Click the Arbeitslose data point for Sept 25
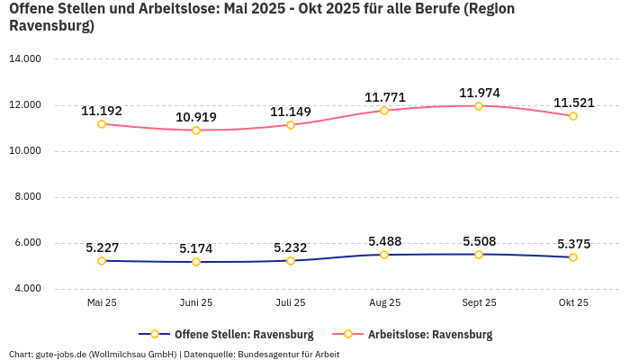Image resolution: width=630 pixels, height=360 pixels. coord(479,106)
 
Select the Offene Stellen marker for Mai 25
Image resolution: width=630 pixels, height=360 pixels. coord(102,261)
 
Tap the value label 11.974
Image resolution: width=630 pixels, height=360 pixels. coord(479,93)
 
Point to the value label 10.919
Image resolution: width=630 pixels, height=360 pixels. coord(196,117)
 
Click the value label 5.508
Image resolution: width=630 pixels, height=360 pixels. coord(479,241)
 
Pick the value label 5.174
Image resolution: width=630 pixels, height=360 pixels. coord(196,248)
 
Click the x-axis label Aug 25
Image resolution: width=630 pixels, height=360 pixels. coord(384,302)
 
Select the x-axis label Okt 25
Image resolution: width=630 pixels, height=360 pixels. coord(573,302)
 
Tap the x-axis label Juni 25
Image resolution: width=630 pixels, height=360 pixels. coord(196,302)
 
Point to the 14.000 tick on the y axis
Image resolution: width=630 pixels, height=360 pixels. coord(25,59)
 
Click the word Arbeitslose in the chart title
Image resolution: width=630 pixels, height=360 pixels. coord(159,8)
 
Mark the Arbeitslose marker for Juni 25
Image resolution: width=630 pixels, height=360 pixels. coord(196,130)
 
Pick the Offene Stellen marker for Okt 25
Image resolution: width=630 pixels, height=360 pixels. coord(573,257)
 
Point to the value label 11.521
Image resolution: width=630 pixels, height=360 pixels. coord(573,103)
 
